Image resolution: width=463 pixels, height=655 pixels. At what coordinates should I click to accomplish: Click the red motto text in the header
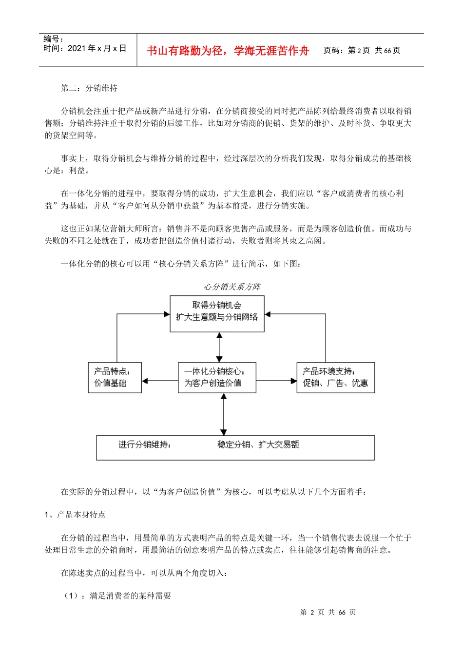point(228,51)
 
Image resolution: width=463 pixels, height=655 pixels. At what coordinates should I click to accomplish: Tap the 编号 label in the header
point(53,39)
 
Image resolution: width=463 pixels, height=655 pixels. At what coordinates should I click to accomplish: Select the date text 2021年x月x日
point(85,48)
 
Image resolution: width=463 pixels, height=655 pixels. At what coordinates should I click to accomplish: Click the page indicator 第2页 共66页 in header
point(362,51)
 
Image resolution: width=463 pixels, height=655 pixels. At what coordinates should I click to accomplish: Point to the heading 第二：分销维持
point(89,88)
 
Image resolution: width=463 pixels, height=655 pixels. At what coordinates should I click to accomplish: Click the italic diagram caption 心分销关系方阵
point(232,287)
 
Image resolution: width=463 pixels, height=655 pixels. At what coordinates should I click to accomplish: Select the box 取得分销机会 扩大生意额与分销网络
point(217,313)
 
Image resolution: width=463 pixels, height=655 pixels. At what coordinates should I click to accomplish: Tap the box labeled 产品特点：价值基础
point(115,377)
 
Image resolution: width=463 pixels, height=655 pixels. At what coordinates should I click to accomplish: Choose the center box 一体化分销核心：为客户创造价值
point(217,377)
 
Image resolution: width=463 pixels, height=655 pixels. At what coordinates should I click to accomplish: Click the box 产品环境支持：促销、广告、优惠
point(335,377)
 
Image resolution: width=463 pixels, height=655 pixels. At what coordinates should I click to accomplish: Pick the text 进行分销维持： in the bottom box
point(145,444)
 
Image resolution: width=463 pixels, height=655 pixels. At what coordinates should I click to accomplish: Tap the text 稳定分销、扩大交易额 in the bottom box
point(258,444)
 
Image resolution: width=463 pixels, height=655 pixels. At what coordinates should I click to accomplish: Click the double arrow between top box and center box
point(219,347)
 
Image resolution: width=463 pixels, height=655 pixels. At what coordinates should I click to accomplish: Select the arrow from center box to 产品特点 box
point(160,381)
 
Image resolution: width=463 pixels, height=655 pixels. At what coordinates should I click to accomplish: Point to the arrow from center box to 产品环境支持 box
point(276,381)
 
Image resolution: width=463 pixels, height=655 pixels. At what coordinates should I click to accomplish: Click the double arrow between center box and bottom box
point(223,414)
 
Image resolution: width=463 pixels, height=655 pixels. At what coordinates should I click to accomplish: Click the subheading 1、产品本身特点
point(75,515)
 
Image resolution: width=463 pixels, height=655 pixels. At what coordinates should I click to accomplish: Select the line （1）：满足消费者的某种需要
point(117,596)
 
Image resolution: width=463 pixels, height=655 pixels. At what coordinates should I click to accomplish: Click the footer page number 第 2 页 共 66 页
point(328,612)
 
